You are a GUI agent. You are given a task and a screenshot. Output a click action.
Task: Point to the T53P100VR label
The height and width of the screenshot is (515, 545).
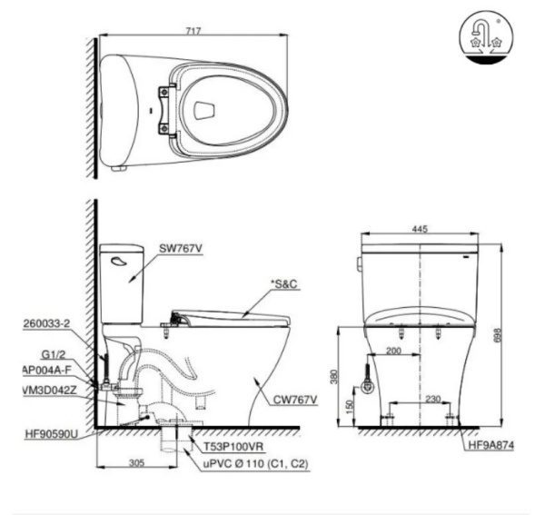coord(234,448)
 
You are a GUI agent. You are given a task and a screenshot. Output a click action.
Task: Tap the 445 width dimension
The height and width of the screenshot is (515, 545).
coord(419,229)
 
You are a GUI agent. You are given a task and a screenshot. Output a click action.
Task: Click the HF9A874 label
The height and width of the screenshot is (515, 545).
coord(490,446)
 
